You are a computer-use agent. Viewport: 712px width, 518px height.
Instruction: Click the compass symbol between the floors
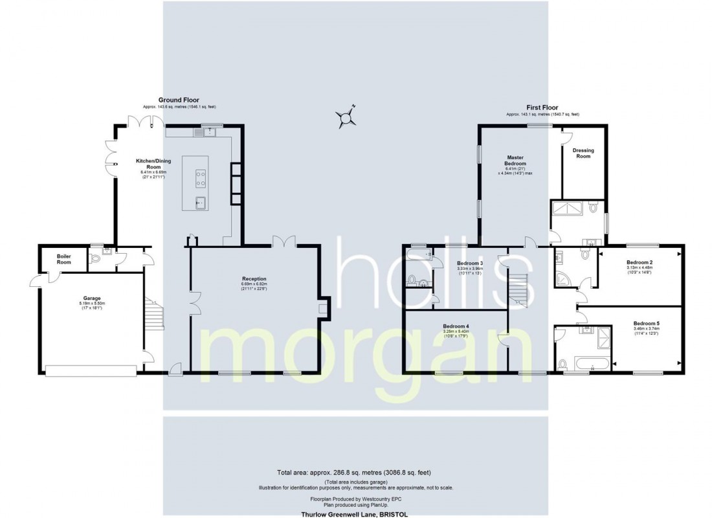[348, 117]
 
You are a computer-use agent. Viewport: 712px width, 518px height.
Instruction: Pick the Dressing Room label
[583, 153]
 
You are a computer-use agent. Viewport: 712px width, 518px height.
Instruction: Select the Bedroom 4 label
[456, 327]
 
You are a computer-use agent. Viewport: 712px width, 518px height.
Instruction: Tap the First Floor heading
[542, 107]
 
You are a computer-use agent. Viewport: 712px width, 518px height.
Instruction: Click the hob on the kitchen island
[201, 174]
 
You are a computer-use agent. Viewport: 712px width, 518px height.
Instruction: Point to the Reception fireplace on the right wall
[324, 306]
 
